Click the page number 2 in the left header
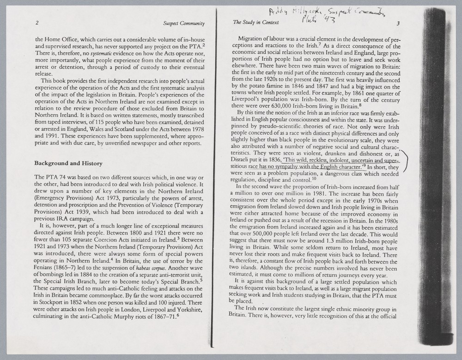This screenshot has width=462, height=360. (36, 23)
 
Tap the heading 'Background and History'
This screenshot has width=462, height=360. (68, 163)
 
